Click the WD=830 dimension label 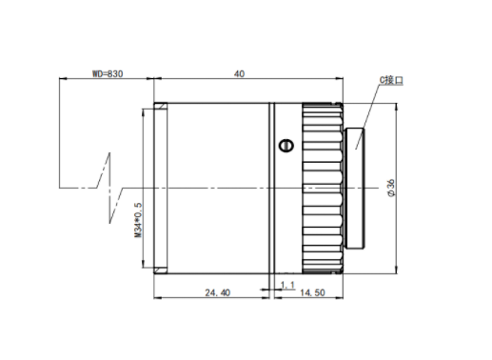[x=108, y=73]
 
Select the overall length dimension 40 [x=240, y=73]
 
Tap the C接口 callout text [x=391, y=80]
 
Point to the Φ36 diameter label [x=392, y=188]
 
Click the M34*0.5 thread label [x=138, y=220]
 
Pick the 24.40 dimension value [x=218, y=292]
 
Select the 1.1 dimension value [x=287, y=285]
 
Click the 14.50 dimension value [x=312, y=292]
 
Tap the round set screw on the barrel [x=285, y=146]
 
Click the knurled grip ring [x=323, y=188]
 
